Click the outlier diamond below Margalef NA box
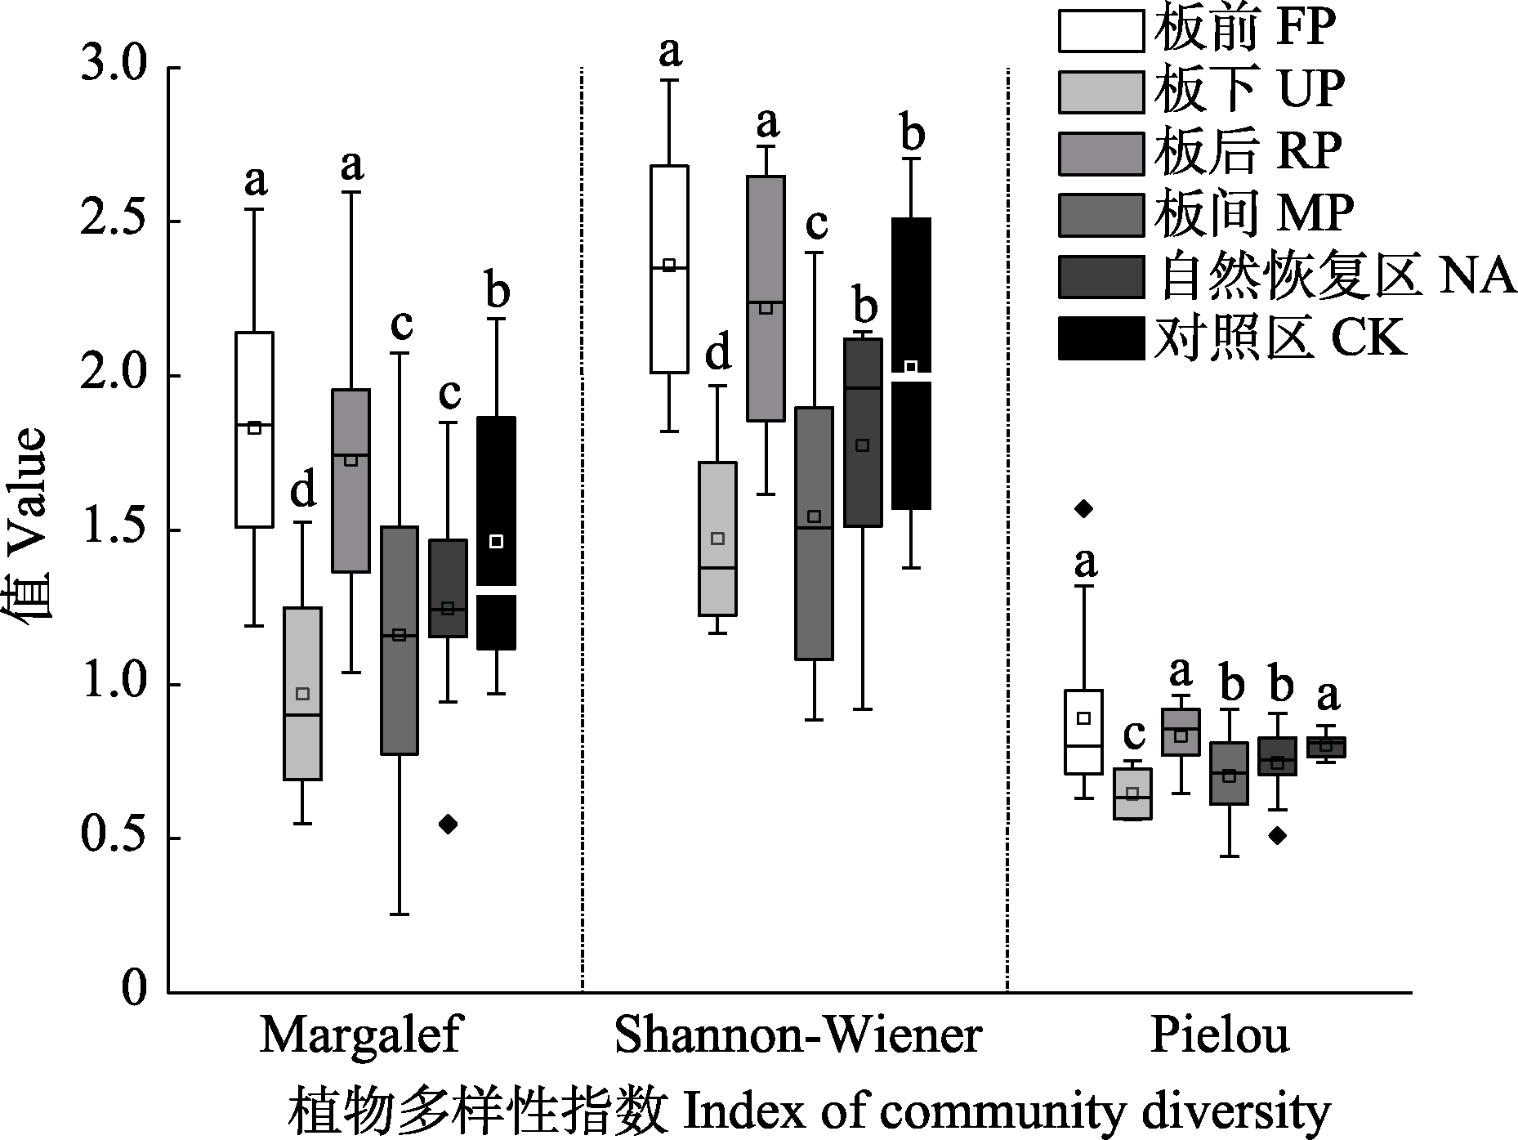point(448,824)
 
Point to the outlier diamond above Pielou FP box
point(1083,508)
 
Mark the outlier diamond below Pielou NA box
point(1278,835)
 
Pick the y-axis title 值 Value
point(31,531)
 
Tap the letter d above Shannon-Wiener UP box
point(718,355)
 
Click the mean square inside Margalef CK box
point(495,541)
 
